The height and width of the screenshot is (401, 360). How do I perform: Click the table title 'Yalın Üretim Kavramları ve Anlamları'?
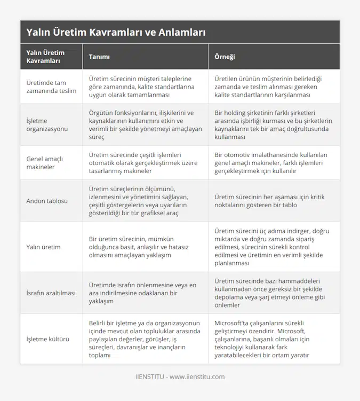pyautogui.click(x=116, y=32)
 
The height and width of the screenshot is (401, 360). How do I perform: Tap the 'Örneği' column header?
pyautogui.click(x=225, y=57)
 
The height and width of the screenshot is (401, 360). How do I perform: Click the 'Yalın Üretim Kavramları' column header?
pyautogui.click(x=45, y=57)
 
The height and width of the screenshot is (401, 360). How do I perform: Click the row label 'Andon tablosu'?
pyautogui.click(x=47, y=201)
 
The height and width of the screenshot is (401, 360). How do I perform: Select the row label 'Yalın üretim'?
pyautogui.click(x=43, y=247)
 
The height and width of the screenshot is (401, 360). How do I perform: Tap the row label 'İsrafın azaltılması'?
pyautogui.click(x=51, y=293)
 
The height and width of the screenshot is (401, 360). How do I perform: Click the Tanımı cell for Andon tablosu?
pyautogui.click(x=142, y=201)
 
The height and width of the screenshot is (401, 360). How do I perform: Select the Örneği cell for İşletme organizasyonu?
pyautogui.click(x=273, y=125)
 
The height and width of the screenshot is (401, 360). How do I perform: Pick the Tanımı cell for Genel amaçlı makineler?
pyautogui.click(x=142, y=163)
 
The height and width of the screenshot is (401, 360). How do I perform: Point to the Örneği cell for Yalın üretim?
pyautogui.click(x=273, y=247)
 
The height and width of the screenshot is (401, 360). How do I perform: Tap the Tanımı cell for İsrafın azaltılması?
pyautogui.click(x=142, y=293)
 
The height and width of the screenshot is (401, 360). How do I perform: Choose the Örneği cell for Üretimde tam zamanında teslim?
pyautogui.click(x=273, y=87)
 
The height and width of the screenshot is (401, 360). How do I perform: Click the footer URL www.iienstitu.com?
pyautogui.click(x=197, y=376)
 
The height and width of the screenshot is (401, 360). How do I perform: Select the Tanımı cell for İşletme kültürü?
pyautogui.click(x=142, y=339)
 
